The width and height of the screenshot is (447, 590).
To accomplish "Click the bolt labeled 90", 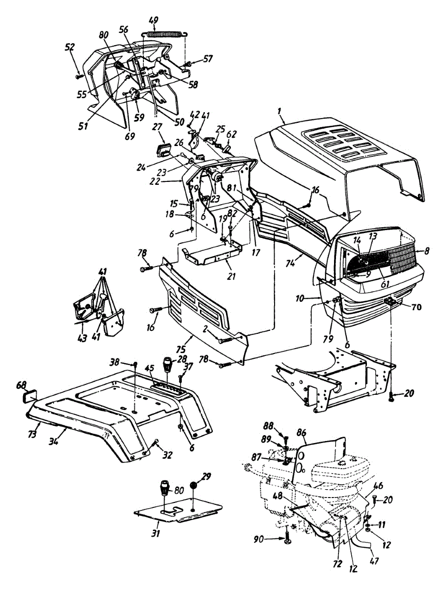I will coord(286,540).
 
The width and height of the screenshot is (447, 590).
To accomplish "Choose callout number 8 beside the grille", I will coord(427,251).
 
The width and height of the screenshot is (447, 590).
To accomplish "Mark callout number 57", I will coord(208,59).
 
